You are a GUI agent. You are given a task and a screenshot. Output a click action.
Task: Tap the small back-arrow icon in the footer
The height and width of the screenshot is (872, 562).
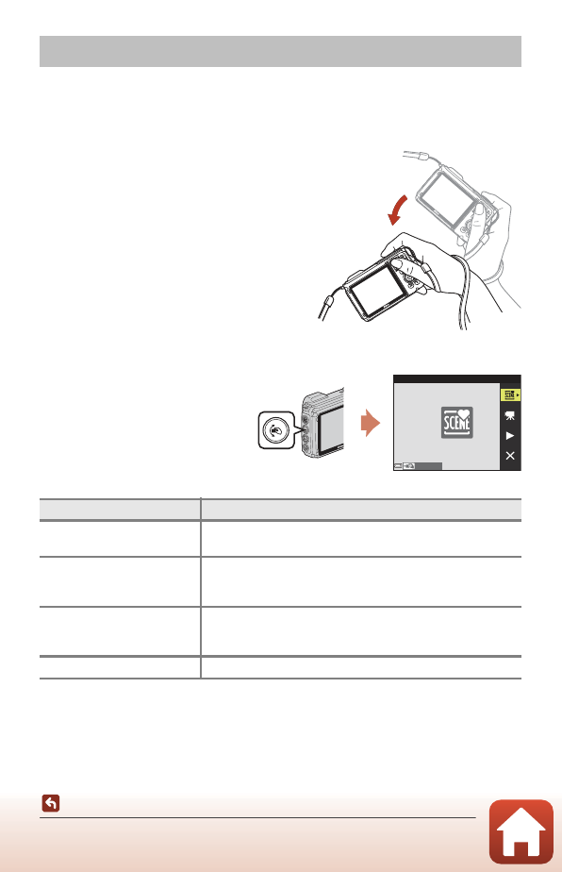[x=51, y=804]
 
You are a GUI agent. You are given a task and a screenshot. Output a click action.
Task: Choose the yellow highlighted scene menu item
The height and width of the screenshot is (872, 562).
[x=510, y=394]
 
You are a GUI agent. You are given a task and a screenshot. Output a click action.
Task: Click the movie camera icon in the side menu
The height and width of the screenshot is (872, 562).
[x=510, y=414]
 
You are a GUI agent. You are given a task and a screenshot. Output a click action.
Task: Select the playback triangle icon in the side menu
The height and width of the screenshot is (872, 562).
[x=510, y=435]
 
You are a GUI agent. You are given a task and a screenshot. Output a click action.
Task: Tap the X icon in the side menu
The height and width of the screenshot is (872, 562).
[x=510, y=456]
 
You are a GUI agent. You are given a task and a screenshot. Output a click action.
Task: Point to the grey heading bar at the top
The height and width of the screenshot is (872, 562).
[x=280, y=52]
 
